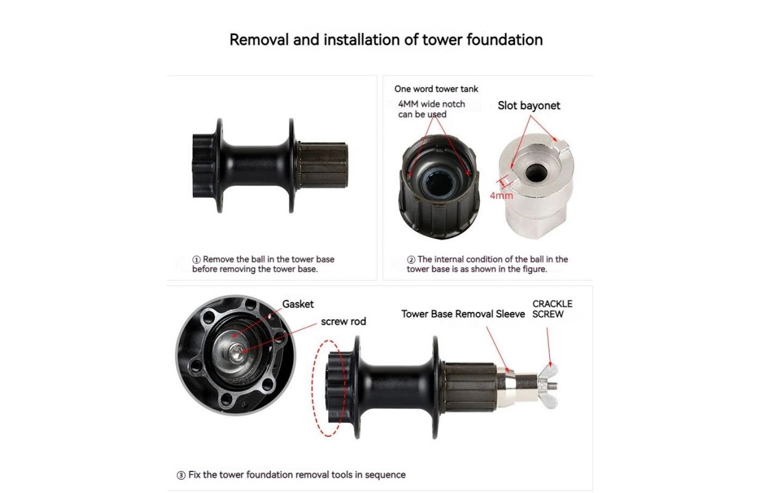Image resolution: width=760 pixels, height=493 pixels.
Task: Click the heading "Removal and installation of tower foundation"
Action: tap(386, 39)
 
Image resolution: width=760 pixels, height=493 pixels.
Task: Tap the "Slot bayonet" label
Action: tap(528, 105)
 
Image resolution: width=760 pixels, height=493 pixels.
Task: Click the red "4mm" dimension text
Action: tap(501, 195)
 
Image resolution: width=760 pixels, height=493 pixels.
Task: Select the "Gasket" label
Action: tap(298, 304)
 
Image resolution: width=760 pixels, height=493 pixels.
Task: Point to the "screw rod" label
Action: tap(344, 321)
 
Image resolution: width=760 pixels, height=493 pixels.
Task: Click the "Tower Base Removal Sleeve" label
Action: tap(463, 314)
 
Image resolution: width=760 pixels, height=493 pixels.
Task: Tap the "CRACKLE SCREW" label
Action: tap(552, 309)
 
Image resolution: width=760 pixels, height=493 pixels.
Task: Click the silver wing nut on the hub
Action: tap(549, 386)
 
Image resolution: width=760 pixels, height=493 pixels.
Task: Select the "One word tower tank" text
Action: tap(436, 89)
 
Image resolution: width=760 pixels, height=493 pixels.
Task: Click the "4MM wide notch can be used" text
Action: tap(432, 109)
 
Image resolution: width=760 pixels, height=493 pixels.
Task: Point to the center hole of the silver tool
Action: tap(535, 173)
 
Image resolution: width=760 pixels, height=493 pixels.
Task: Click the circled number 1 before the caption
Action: tap(196, 259)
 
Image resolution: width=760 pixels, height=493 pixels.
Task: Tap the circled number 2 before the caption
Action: tap(411, 259)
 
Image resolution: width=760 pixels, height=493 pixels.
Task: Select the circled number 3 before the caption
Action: tap(181, 475)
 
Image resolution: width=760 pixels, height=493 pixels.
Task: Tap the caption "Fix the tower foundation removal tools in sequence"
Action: tap(297, 475)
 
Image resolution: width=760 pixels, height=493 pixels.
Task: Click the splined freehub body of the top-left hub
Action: tap(322, 166)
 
